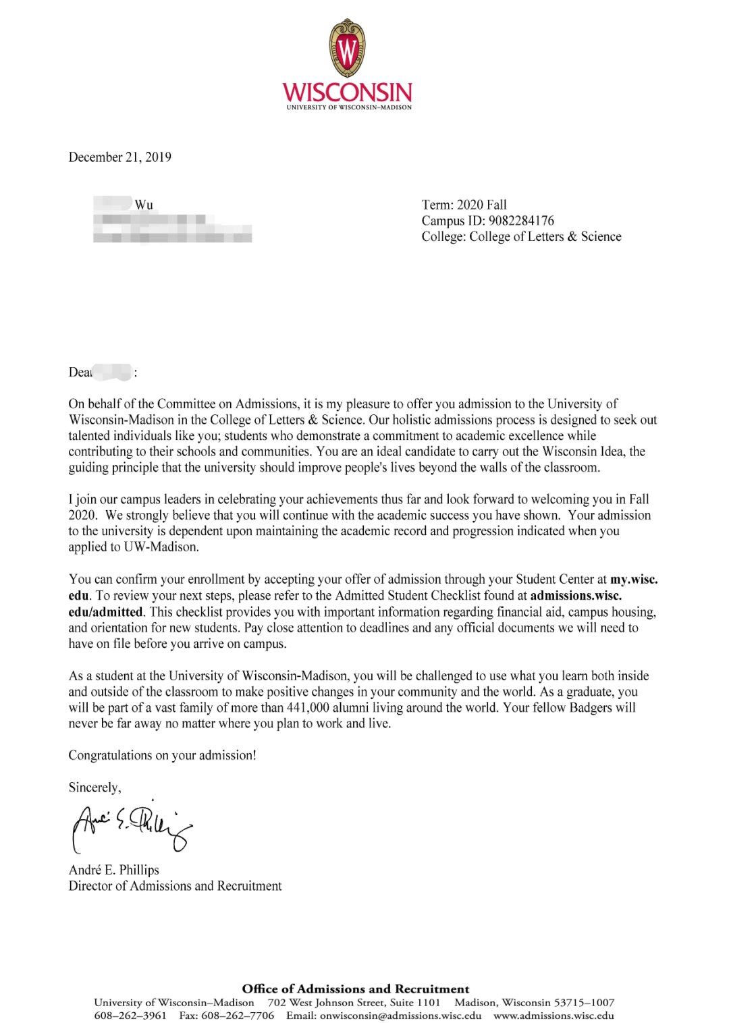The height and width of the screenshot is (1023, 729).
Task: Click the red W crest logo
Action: point(348,49)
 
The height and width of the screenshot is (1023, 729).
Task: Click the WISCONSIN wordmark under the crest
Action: point(347,92)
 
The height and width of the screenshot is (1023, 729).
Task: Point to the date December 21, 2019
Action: point(120,157)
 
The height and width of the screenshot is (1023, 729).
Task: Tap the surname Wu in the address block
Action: point(144,205)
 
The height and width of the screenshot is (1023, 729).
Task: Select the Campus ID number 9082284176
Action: point(521,221)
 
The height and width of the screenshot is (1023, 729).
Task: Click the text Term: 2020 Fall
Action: point(464,205)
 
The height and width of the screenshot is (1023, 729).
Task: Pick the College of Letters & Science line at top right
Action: point(521,237)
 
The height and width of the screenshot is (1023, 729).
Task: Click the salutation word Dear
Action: point(80,372)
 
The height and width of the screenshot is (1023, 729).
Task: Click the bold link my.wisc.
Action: point(634,580)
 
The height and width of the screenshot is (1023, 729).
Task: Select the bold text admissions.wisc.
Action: point(576,596)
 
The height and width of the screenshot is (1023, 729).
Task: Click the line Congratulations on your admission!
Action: point(163,756)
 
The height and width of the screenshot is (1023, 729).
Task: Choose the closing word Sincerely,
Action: point(95,787)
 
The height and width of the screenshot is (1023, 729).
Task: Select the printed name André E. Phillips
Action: point(114,870)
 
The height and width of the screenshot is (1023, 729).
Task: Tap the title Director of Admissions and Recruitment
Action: point(175,886)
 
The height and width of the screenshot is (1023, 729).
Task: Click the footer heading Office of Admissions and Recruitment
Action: point(355,989)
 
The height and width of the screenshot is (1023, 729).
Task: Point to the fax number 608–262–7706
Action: point(238,1016)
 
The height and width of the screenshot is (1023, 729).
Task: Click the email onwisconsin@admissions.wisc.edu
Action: point(400,1016)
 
